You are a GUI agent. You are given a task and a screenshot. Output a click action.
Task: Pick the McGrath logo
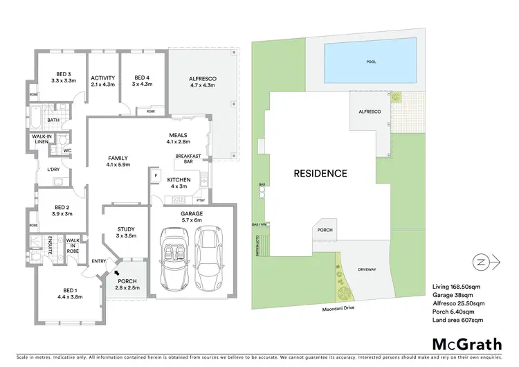(459, 344)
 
